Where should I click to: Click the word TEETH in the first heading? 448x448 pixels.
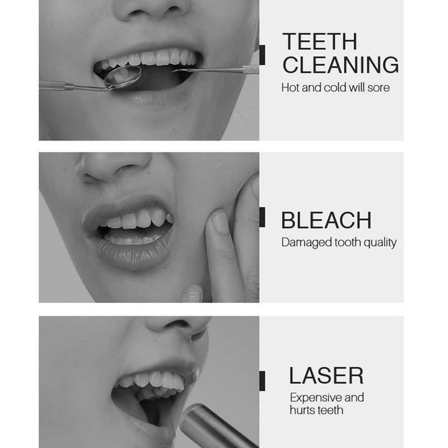320,42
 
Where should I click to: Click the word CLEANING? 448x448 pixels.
340,65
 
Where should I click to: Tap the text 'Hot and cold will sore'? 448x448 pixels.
335,88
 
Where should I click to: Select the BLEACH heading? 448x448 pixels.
326,221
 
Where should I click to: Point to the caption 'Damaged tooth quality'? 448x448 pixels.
338,242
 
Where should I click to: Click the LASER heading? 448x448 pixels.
326,375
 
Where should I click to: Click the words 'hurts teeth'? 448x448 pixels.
316,410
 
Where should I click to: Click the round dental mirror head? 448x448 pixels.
123,77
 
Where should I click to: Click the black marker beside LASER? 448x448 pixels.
262,379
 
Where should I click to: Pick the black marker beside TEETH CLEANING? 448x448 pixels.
262,54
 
